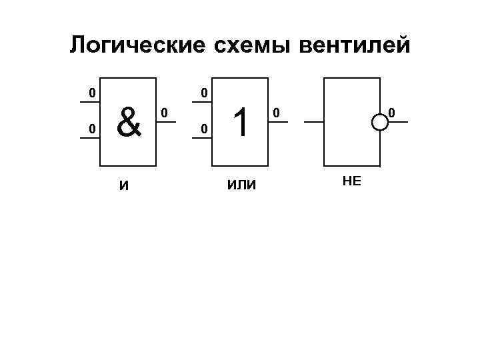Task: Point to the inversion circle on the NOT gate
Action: [380, 122]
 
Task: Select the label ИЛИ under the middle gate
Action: [241, 185]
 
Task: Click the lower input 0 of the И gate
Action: [93, 127]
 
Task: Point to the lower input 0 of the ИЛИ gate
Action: [205, 127]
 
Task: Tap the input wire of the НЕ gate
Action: [313, 122]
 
